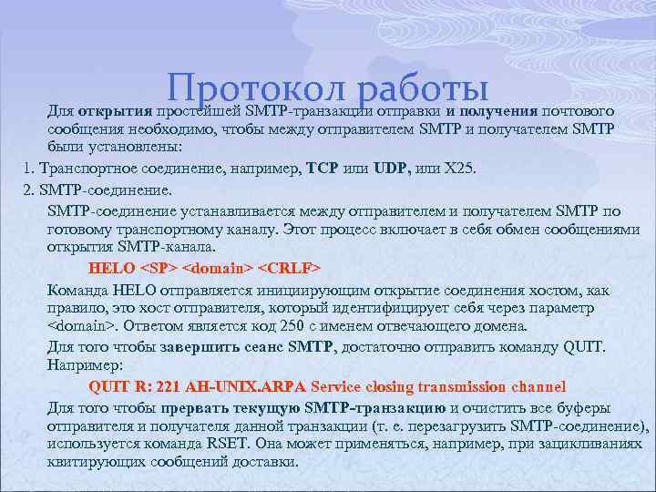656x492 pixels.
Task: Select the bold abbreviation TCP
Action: (323, 169)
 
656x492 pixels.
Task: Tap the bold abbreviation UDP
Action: (393, 169)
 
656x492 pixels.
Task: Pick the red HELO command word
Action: (110, 269)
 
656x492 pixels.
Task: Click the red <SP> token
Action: (159, 269)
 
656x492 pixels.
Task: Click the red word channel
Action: (534, 386)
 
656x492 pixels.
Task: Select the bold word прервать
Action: (194, 406)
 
